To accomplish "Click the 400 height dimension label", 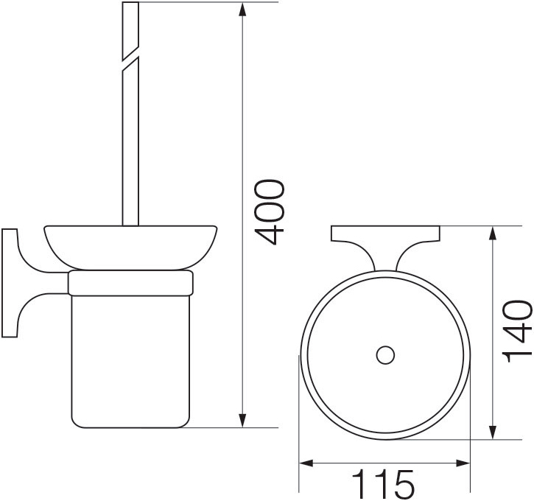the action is click(270, 212).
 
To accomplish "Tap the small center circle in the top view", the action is click(385, 355).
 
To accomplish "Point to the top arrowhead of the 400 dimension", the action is click(242, 10).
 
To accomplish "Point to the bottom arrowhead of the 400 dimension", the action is click(242, 420).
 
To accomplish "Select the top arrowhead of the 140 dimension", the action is click(492, 234).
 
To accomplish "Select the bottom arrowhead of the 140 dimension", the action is click(492, 432).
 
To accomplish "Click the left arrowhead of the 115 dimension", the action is click(306, 463).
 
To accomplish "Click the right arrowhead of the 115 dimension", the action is click(463, 463).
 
